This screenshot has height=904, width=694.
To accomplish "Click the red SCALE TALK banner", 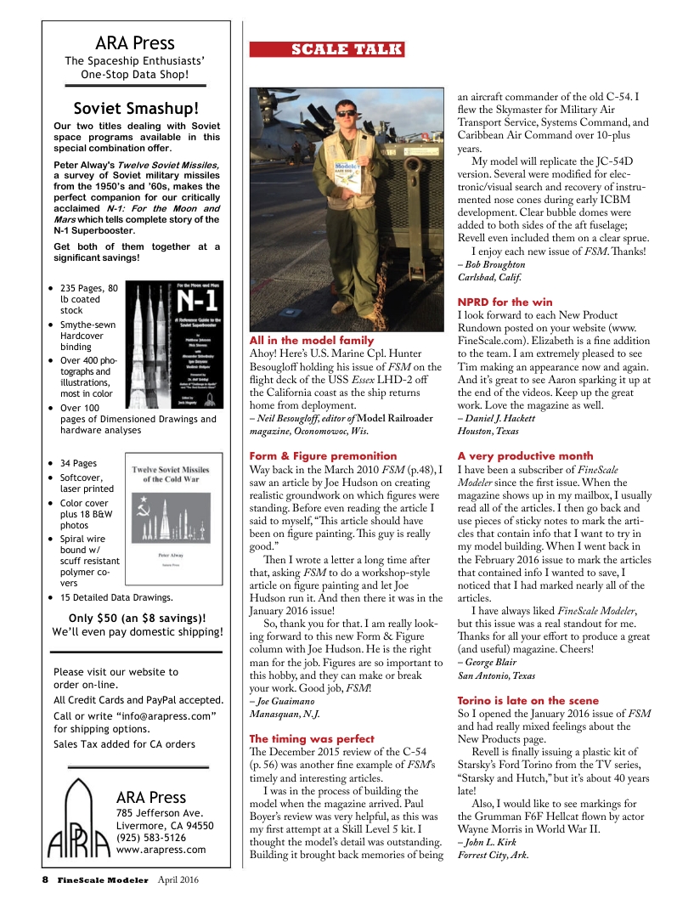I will coord(327,50).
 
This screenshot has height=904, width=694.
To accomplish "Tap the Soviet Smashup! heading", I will coord(136,108).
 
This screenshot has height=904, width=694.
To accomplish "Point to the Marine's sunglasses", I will coord(347,113).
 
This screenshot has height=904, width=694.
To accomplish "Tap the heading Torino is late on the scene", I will coord(526,700).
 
